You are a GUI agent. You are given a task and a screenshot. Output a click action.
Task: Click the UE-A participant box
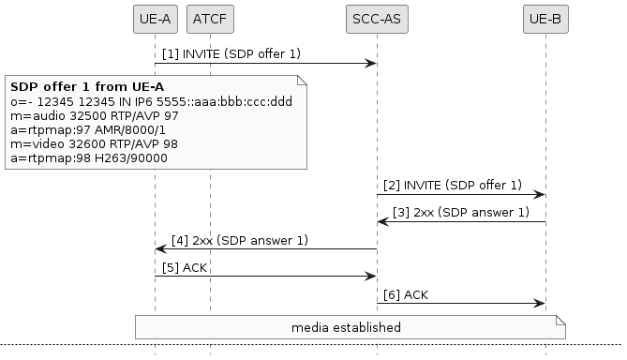click(155, 19)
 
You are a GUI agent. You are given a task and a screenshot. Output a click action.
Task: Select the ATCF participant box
click(210, 19)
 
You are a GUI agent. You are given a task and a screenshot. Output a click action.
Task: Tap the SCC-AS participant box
click(377, 19)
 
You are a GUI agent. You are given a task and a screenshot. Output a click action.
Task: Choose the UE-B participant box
click(545, 19)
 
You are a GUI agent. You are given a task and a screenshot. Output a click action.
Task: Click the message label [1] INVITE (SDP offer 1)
click(231, 54)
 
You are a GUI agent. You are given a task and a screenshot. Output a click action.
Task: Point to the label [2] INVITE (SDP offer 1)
click(453, 186)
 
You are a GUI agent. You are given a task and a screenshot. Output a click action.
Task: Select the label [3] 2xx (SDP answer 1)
click(461, 213)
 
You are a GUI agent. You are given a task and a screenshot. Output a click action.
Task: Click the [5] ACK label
click(185, 267)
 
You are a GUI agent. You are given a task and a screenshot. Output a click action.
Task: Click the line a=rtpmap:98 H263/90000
click(89, 159)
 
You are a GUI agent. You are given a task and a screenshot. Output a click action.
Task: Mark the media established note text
click(346, 327)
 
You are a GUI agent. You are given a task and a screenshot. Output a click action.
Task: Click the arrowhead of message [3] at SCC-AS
click(382, 222)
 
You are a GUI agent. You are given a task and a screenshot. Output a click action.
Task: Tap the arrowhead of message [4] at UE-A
click(160, 249)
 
